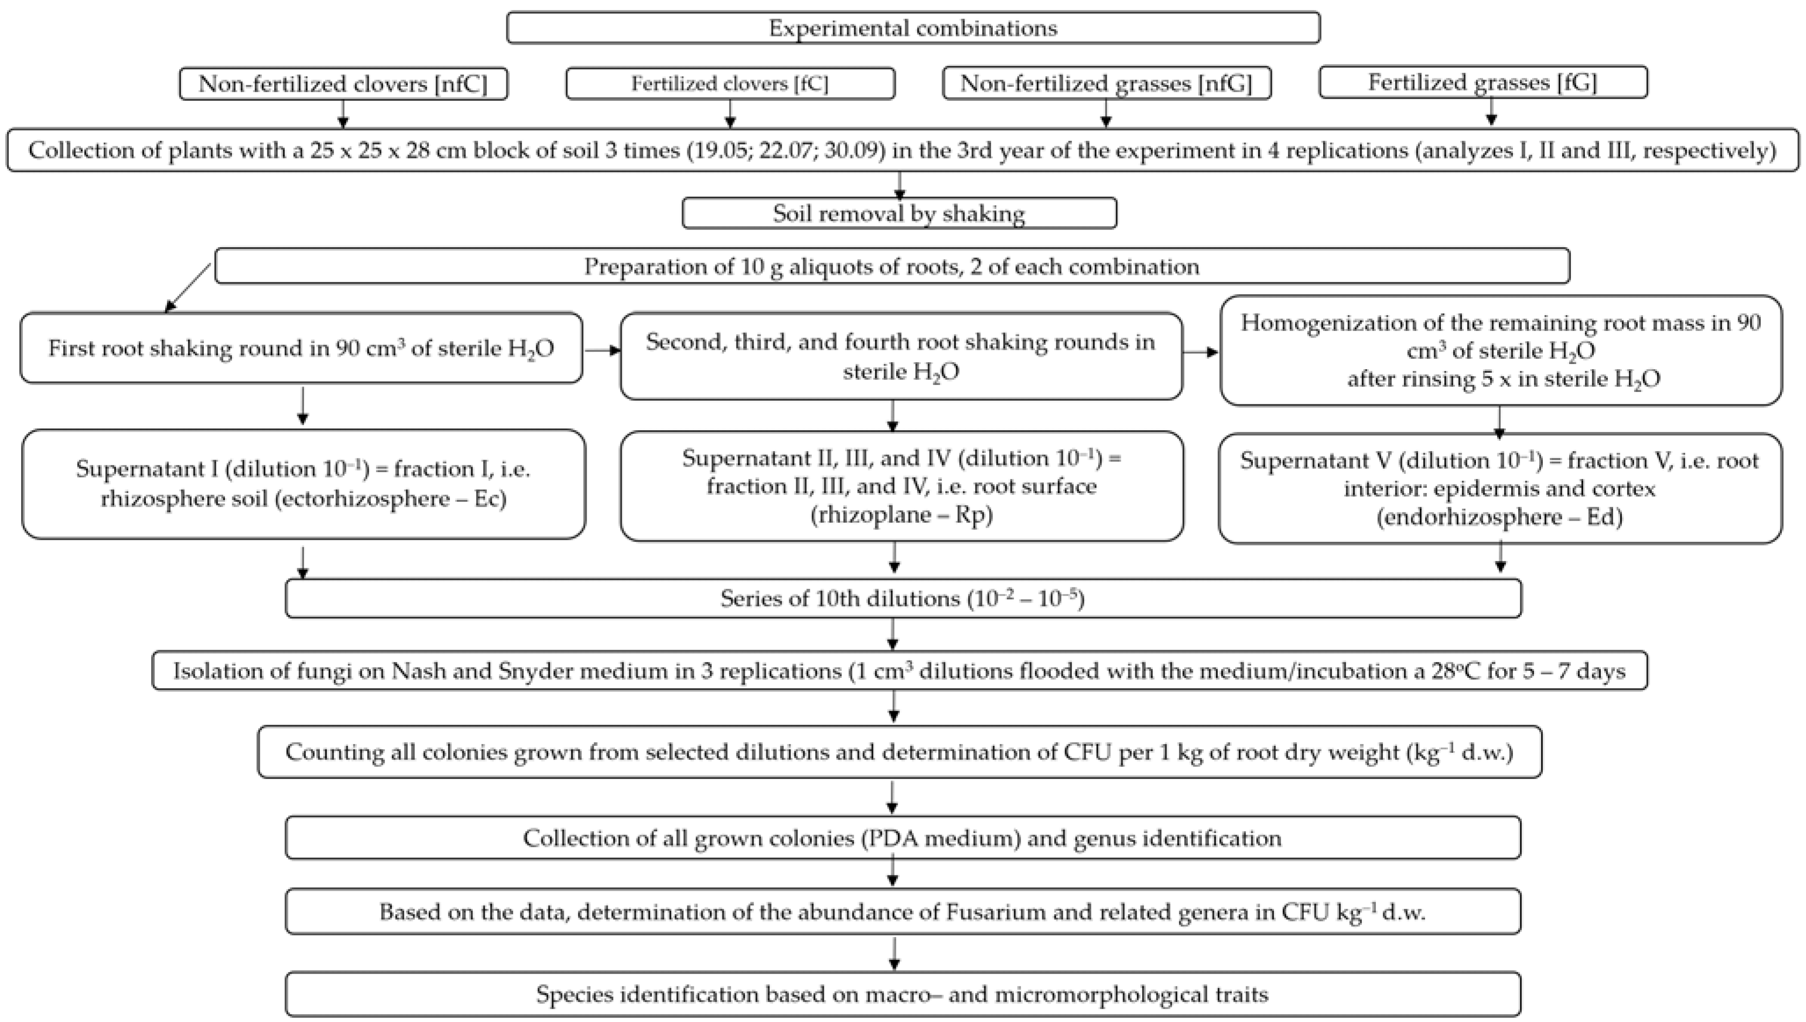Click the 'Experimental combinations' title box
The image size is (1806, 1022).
coord(913,28)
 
